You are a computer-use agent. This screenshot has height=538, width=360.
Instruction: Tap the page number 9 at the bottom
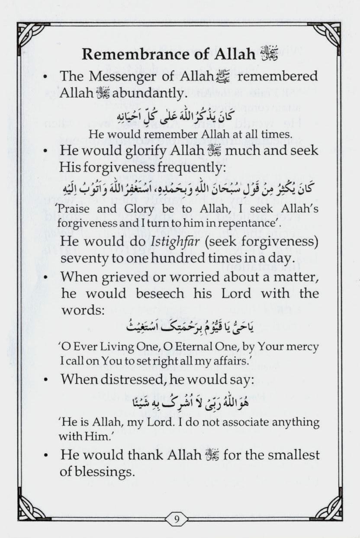coord(177,519)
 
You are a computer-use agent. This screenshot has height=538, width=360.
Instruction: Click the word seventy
coord(84,258)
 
